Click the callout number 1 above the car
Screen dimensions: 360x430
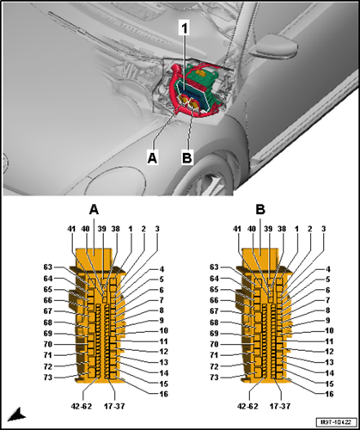184,28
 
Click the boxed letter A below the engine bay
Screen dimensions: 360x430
152,157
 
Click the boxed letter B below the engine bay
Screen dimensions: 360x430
187,157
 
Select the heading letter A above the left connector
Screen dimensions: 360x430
94,210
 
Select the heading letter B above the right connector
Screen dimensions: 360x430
260,210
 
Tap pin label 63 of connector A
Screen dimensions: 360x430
48,267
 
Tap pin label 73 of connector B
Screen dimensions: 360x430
214,378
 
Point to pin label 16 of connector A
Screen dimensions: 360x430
163,394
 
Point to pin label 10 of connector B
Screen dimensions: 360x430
329,330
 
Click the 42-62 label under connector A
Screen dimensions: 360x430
82,406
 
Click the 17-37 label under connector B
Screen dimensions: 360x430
280,406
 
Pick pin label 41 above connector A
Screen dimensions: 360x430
71,229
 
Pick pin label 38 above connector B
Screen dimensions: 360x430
282,229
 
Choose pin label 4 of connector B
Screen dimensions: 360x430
328,269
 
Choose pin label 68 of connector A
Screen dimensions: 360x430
48,322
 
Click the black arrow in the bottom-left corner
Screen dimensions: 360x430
16,415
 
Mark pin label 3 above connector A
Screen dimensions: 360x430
157,229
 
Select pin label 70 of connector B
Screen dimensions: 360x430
214,344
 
